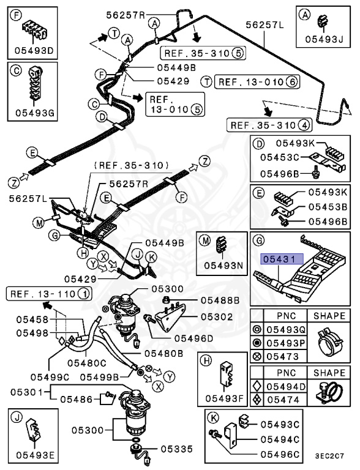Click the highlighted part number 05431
coord(278,259)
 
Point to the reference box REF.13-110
coord(49,294)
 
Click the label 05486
coord(75,400)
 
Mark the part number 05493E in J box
coord(35,455)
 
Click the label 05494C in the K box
coord(279,439)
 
